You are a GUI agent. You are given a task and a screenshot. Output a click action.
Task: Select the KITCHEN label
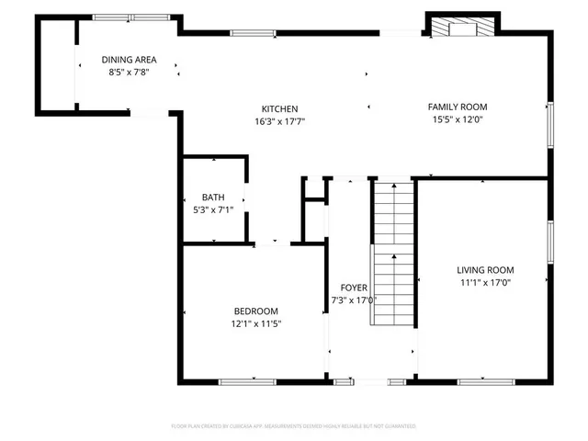click(279, 109)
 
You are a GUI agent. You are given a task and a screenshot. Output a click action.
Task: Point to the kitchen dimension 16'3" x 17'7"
click(279, 121)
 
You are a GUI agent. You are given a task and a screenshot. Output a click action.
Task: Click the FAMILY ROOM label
click(457, 107)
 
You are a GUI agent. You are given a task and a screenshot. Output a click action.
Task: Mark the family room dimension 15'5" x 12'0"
click(457, 119)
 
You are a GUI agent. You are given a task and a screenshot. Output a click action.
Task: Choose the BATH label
click(213, 198)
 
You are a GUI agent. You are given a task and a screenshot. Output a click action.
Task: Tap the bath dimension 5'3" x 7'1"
click(213, 209)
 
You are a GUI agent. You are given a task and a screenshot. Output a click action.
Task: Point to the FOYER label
click(354, 288)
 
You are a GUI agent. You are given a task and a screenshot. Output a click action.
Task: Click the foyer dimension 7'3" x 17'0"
click(354, 300)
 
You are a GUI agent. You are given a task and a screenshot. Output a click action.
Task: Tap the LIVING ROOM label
click(485, 270)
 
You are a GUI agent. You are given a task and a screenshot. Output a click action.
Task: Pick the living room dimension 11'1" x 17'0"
click(485, 282)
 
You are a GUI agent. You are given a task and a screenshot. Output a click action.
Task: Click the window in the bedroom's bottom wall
click(246, 380)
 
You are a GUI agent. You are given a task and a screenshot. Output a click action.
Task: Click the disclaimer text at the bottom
click(294, 426)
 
